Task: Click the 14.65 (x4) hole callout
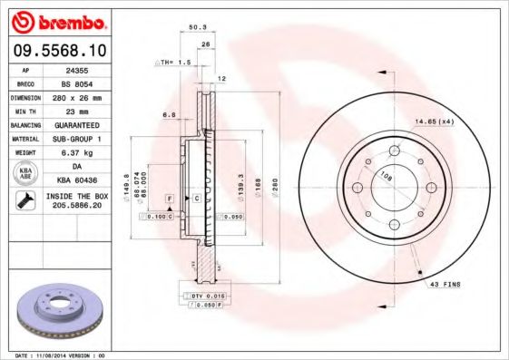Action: (x=434, y=121)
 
